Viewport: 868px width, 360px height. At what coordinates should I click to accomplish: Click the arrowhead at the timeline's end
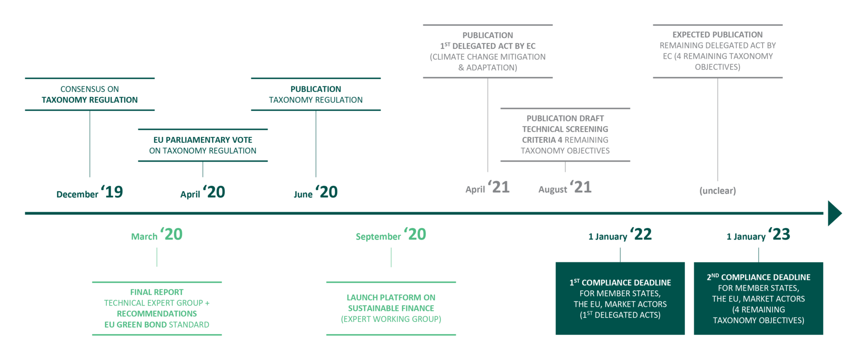click(835, 213)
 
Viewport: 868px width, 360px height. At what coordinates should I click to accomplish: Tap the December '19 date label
click(90, 192)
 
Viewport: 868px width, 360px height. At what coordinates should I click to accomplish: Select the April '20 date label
click(203, 192)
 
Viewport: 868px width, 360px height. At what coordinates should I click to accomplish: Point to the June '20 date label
click(316, 192)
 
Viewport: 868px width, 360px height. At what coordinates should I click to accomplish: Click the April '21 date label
click(487, 188)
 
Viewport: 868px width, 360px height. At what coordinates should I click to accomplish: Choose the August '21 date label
click(565, 188)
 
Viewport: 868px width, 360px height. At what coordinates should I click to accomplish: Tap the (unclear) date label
click(717, 191)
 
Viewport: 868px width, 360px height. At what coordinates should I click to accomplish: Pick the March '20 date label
click(157, 235)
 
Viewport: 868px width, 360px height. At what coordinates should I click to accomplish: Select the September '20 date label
click(391, 235)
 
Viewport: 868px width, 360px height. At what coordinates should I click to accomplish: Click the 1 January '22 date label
click(620, 235)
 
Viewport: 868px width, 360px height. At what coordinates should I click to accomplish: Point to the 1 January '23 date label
click(758, 235)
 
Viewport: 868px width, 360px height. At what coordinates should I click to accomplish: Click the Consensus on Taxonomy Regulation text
click(90, 95)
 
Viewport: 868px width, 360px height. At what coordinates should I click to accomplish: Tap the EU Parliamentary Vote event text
click(203, 145)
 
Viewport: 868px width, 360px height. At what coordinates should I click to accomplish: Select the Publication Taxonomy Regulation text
click(316, 95)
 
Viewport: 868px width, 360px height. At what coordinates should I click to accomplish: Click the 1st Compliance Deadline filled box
click(620, 298)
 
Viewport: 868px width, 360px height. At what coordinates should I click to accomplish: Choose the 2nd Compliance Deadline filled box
click(758, 298)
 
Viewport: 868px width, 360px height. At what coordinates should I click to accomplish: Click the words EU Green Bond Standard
click(157, 325)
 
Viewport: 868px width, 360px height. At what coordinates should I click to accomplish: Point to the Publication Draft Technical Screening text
click(565, 134)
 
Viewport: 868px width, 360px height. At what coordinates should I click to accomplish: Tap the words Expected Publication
click(717, 35)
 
